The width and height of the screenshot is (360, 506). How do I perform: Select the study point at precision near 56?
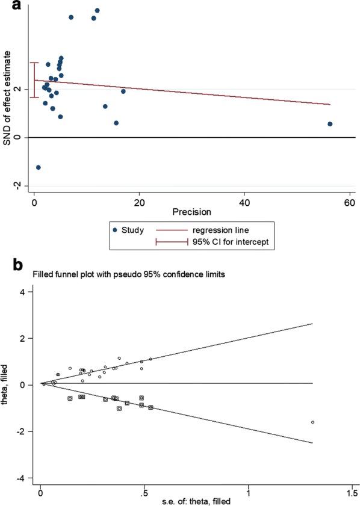pyautogui.click(x=330, y=124)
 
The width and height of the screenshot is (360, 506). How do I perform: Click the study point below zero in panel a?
pyautogui.click(x=39, y=167)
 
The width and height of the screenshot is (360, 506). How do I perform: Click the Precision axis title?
pyautogui.click(x=191, y=212)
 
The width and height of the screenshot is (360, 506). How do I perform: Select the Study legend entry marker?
pyautogui.click(x=115, y=230)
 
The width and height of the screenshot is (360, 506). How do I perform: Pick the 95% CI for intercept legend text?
pyautogui.click(x=222, y=241)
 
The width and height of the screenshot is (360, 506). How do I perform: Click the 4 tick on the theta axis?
pyautogui.click(x=23, y=291)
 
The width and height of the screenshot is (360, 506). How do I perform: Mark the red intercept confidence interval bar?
pyautogui.click(x=34, y=79)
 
